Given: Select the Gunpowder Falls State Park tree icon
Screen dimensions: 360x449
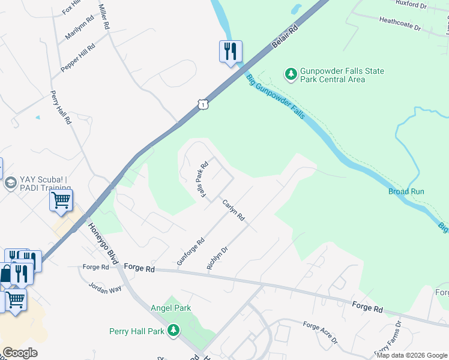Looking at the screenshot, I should tap(291, 74).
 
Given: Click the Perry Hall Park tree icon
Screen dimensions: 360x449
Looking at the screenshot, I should tap(173, 331).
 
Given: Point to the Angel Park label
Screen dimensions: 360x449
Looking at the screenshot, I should tap(171, 308).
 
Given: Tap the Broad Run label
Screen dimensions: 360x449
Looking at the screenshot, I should tap(406, 192).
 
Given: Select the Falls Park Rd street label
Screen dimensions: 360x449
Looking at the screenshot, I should tap(203, 179).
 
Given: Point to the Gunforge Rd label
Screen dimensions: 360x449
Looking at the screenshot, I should tap(191, 251).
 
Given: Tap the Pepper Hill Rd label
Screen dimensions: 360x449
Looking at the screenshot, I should tap(78, 58).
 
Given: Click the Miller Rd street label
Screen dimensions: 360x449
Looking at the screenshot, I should tap(104, 17).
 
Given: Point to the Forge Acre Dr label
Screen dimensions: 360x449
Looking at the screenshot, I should tap(319, 333).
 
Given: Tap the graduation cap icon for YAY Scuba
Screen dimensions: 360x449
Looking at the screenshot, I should tap(10, 183).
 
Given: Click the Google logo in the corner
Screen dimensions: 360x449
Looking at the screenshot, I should tap(20, 353).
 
